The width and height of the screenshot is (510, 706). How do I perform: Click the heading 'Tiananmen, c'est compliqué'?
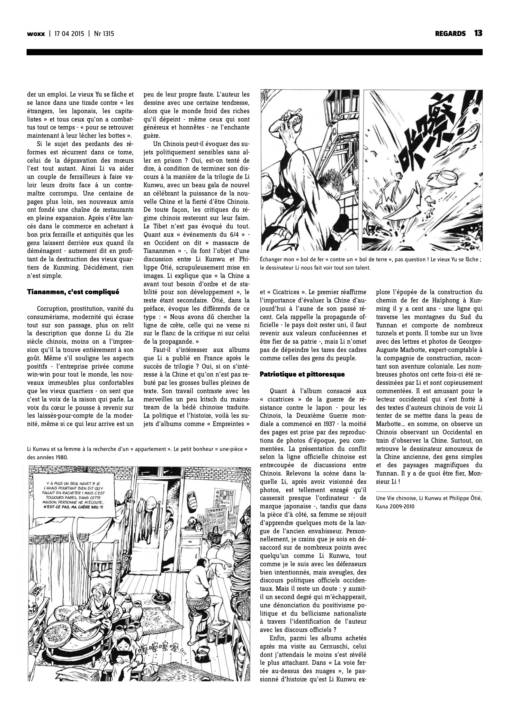(73, 291)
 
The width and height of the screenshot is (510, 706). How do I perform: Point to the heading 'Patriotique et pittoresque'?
(302, 374)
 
